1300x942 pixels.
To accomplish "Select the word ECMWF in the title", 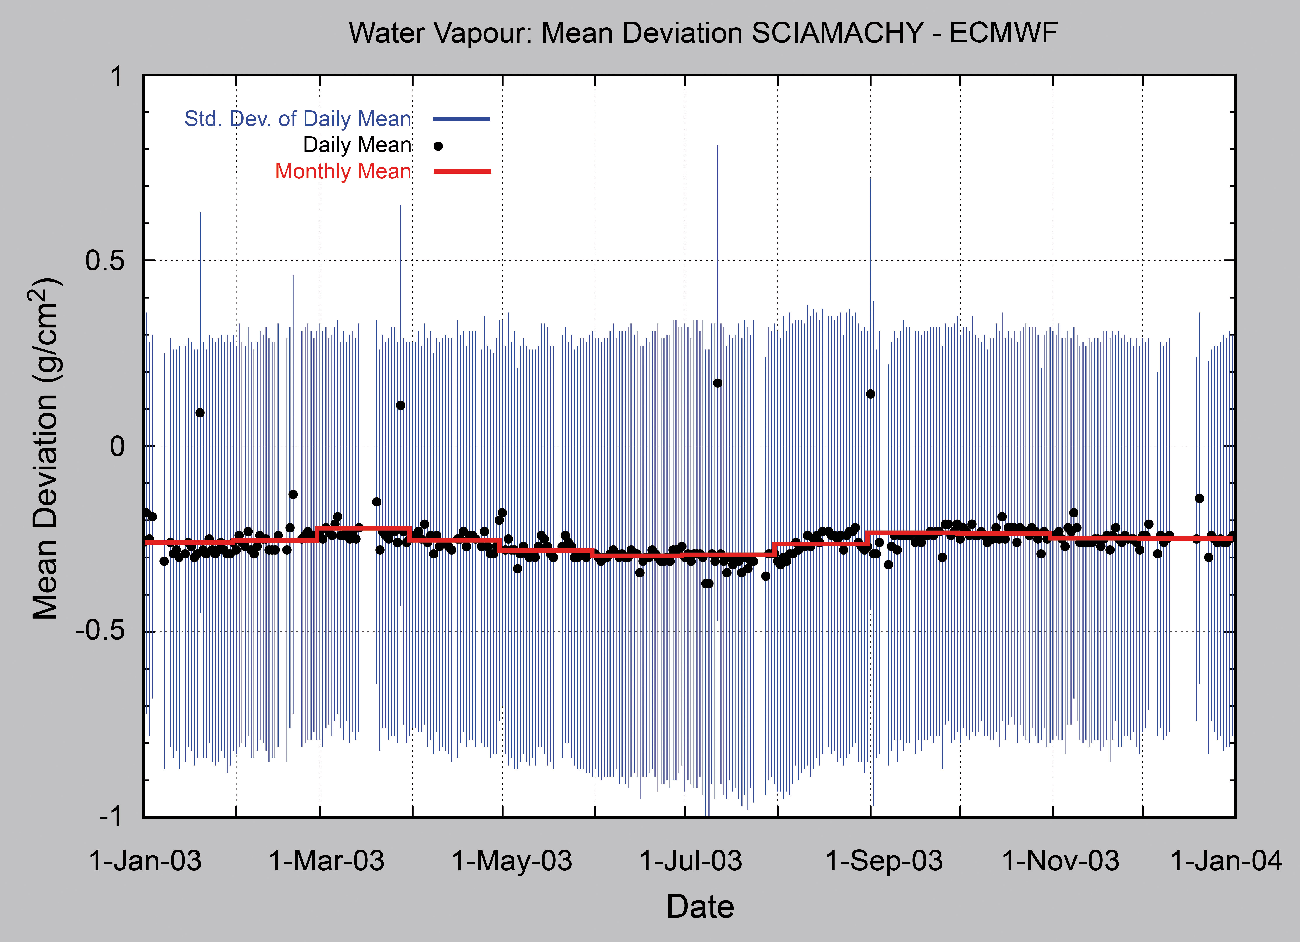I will tap(1003, 33).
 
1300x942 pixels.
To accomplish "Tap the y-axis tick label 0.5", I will tap(105, 261).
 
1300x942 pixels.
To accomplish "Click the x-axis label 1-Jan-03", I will tap(145, 861).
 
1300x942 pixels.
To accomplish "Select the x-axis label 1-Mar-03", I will tap(327, 861).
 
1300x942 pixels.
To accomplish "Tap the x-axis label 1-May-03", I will tap(512, 861).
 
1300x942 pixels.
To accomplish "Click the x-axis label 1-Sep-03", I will tap(884, 861).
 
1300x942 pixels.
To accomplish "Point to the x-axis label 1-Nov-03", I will tap(1060, 861).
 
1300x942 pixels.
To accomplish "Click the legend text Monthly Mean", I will tap(343, 171).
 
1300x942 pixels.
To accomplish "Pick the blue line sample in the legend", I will tap(462, 119).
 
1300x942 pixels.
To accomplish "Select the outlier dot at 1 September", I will tap(871, 394).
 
